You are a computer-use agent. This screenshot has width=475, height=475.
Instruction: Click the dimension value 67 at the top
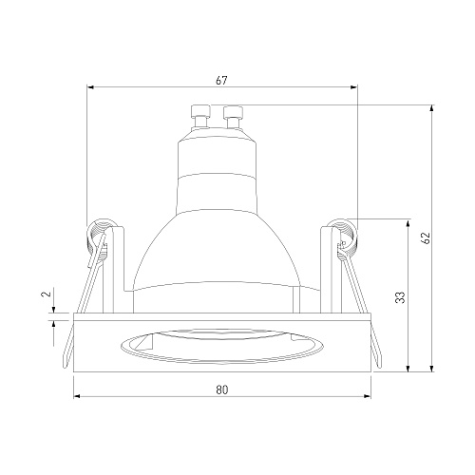221,81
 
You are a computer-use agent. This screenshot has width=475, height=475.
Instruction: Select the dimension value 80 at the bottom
222,389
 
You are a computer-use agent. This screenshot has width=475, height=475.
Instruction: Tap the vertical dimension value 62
427,237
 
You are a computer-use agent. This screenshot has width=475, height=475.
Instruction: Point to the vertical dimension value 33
401,297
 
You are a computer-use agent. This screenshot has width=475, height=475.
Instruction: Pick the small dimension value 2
47,294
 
